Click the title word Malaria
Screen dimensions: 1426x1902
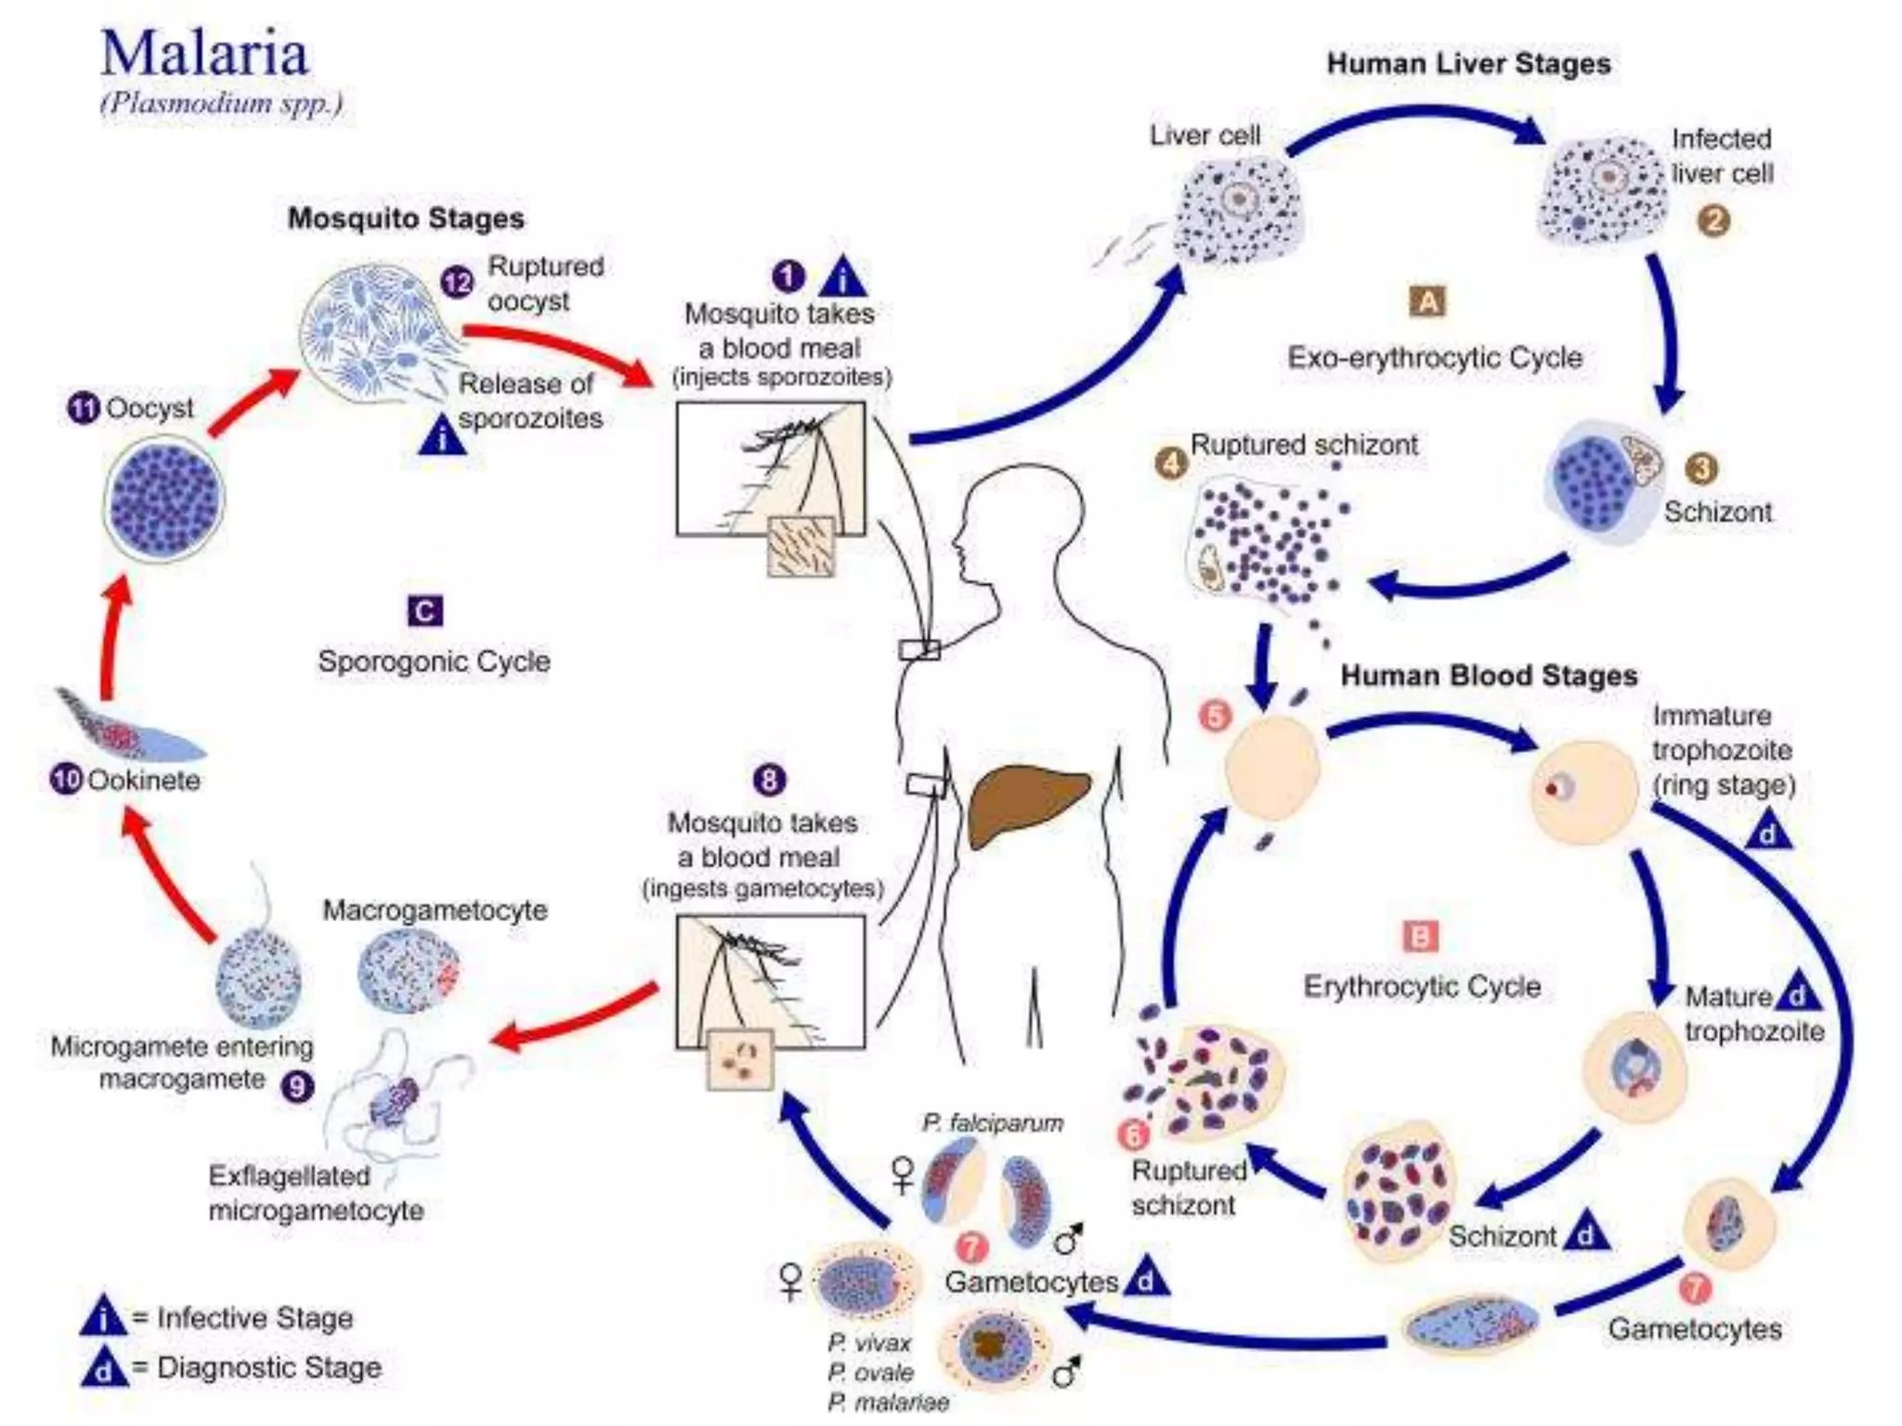click(x=204, y=54)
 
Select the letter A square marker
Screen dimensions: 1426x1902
click(x=1427, y=302)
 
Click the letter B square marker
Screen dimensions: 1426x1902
click(x=1420, y=937)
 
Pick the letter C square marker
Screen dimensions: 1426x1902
click(x=425, y=611)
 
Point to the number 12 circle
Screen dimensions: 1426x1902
click(x=457, y=281)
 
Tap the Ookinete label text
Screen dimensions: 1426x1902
click(x=144, y=780)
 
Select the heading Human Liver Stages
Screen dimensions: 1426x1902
click(x=1467, y=64)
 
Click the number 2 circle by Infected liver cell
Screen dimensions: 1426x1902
click(x=1713, y=221)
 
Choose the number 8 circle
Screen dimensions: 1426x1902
click(x=769, y=780)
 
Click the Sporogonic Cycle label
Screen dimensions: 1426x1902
click(x=434, y=662)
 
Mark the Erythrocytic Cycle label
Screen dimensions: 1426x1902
click(x=1421, y=986)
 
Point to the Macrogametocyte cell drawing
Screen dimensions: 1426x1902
click(x=408, y=971)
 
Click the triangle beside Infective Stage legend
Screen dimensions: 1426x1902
click(x=103, y=1316)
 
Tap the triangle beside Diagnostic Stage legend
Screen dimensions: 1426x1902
click(x=103, y=1367)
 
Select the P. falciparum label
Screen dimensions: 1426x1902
click(x=992, y=1123)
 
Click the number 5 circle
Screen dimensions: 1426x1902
click(x=1216, y=716)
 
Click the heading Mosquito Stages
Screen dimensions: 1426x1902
click(x=406, y=218)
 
